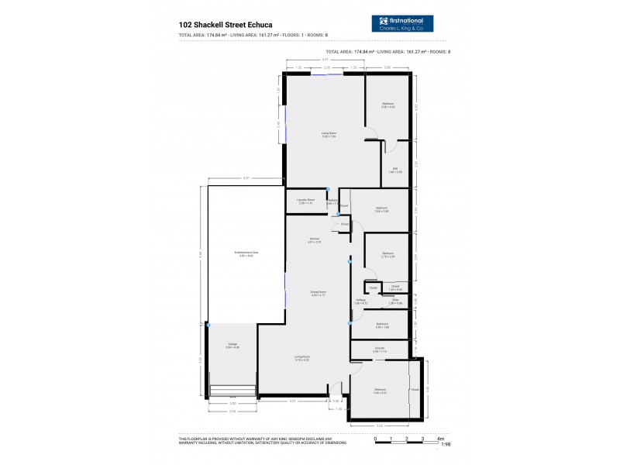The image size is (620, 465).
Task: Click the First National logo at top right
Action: tap(401, 23)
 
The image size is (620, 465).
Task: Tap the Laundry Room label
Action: tap(305, 201)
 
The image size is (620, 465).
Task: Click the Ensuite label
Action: tap(380, 350)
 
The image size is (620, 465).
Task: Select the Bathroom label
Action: tap(382, 325)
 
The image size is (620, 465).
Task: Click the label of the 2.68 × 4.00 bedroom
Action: tap(387, 105)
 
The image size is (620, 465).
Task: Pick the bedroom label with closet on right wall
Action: tap(380, 391)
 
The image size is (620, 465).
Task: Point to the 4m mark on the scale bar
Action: tap(439, 439)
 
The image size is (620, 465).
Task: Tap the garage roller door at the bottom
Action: tap(233, 391)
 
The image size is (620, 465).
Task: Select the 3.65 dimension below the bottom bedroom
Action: tap(380, 425)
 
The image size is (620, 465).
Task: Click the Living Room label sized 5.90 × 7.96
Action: tap(329, 135)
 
